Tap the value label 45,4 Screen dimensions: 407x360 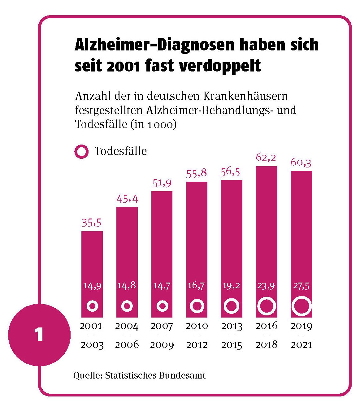coord(127,199)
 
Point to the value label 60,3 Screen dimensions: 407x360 coord(301,162)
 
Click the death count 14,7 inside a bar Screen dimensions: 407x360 coord(162,286)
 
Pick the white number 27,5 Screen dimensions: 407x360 coord(301,286)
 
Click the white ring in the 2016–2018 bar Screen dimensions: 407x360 coord(267,306)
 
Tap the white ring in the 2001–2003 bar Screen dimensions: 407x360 coord(92,306)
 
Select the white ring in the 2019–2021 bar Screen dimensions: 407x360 coord(301,306)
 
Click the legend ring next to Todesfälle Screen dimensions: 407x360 coord(82,152)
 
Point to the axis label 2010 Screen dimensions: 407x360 coord(197,326)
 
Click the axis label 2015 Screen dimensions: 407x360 coord(232,345)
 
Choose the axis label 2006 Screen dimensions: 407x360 coord(127,345)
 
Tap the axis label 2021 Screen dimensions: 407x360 coord(301,345)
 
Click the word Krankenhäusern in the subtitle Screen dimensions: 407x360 coord(245,96)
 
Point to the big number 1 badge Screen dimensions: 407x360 coord(39,335)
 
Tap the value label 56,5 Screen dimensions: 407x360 coord(230,172)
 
